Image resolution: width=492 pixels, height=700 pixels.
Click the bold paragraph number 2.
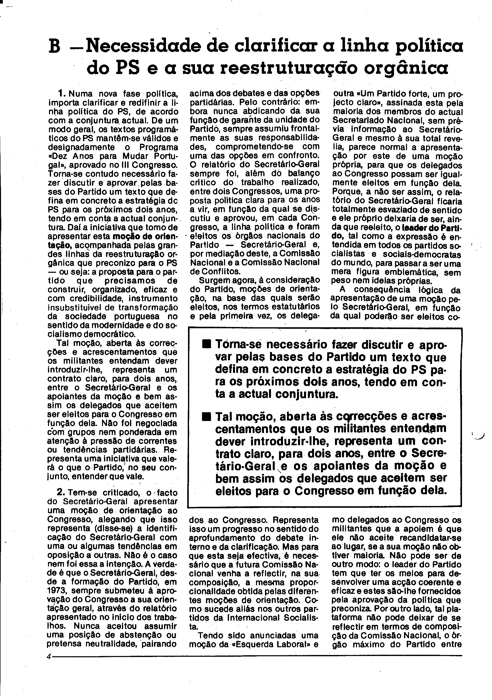(x=61, y=492)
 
